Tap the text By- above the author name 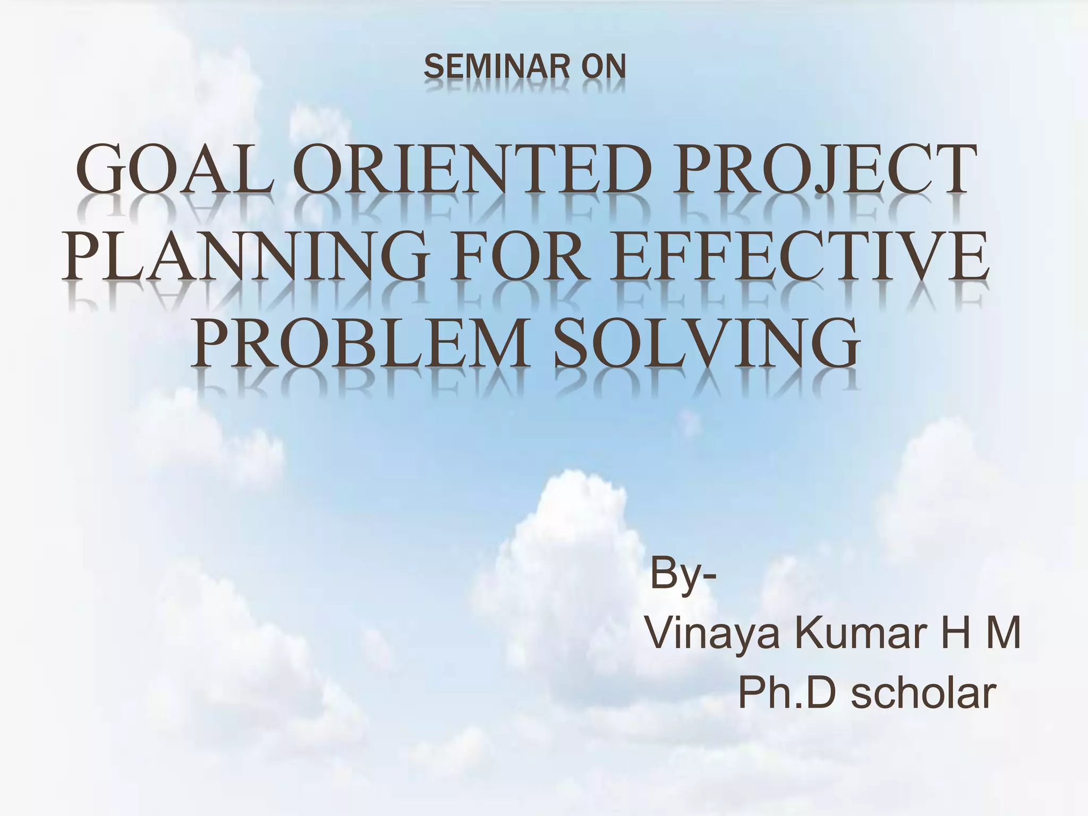coord(683,574)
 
